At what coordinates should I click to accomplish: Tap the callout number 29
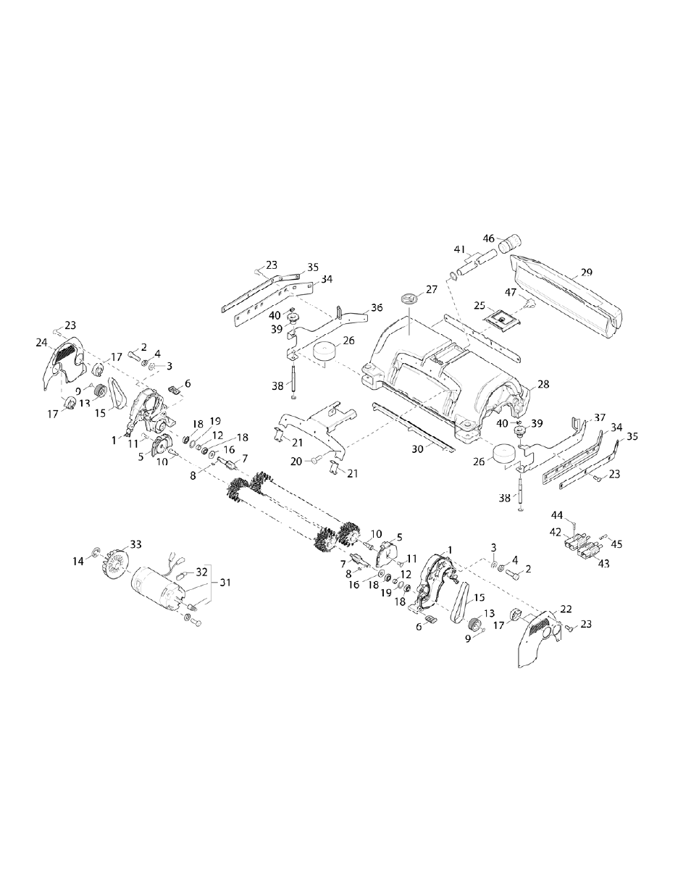[587, 272]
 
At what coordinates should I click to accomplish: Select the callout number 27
[432, 289]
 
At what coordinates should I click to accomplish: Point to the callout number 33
[135, 544]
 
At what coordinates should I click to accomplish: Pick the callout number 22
[566, 608]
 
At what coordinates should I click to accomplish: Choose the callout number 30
[417, 449]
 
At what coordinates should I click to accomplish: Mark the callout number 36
[377, 308]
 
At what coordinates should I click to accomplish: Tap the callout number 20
[297, 460]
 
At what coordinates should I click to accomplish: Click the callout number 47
[511, 293]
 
